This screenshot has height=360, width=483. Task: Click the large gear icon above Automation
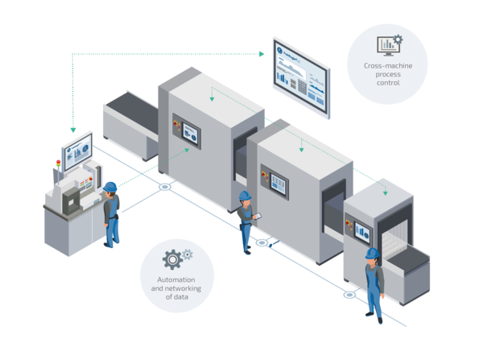172,259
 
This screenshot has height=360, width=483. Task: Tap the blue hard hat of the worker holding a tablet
245,195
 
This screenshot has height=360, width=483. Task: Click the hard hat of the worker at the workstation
109,185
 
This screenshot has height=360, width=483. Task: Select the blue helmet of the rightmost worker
371,253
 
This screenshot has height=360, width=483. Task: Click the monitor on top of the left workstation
77,153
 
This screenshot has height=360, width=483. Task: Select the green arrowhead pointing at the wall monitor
261,55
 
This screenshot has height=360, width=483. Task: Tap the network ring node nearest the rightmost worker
349,294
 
